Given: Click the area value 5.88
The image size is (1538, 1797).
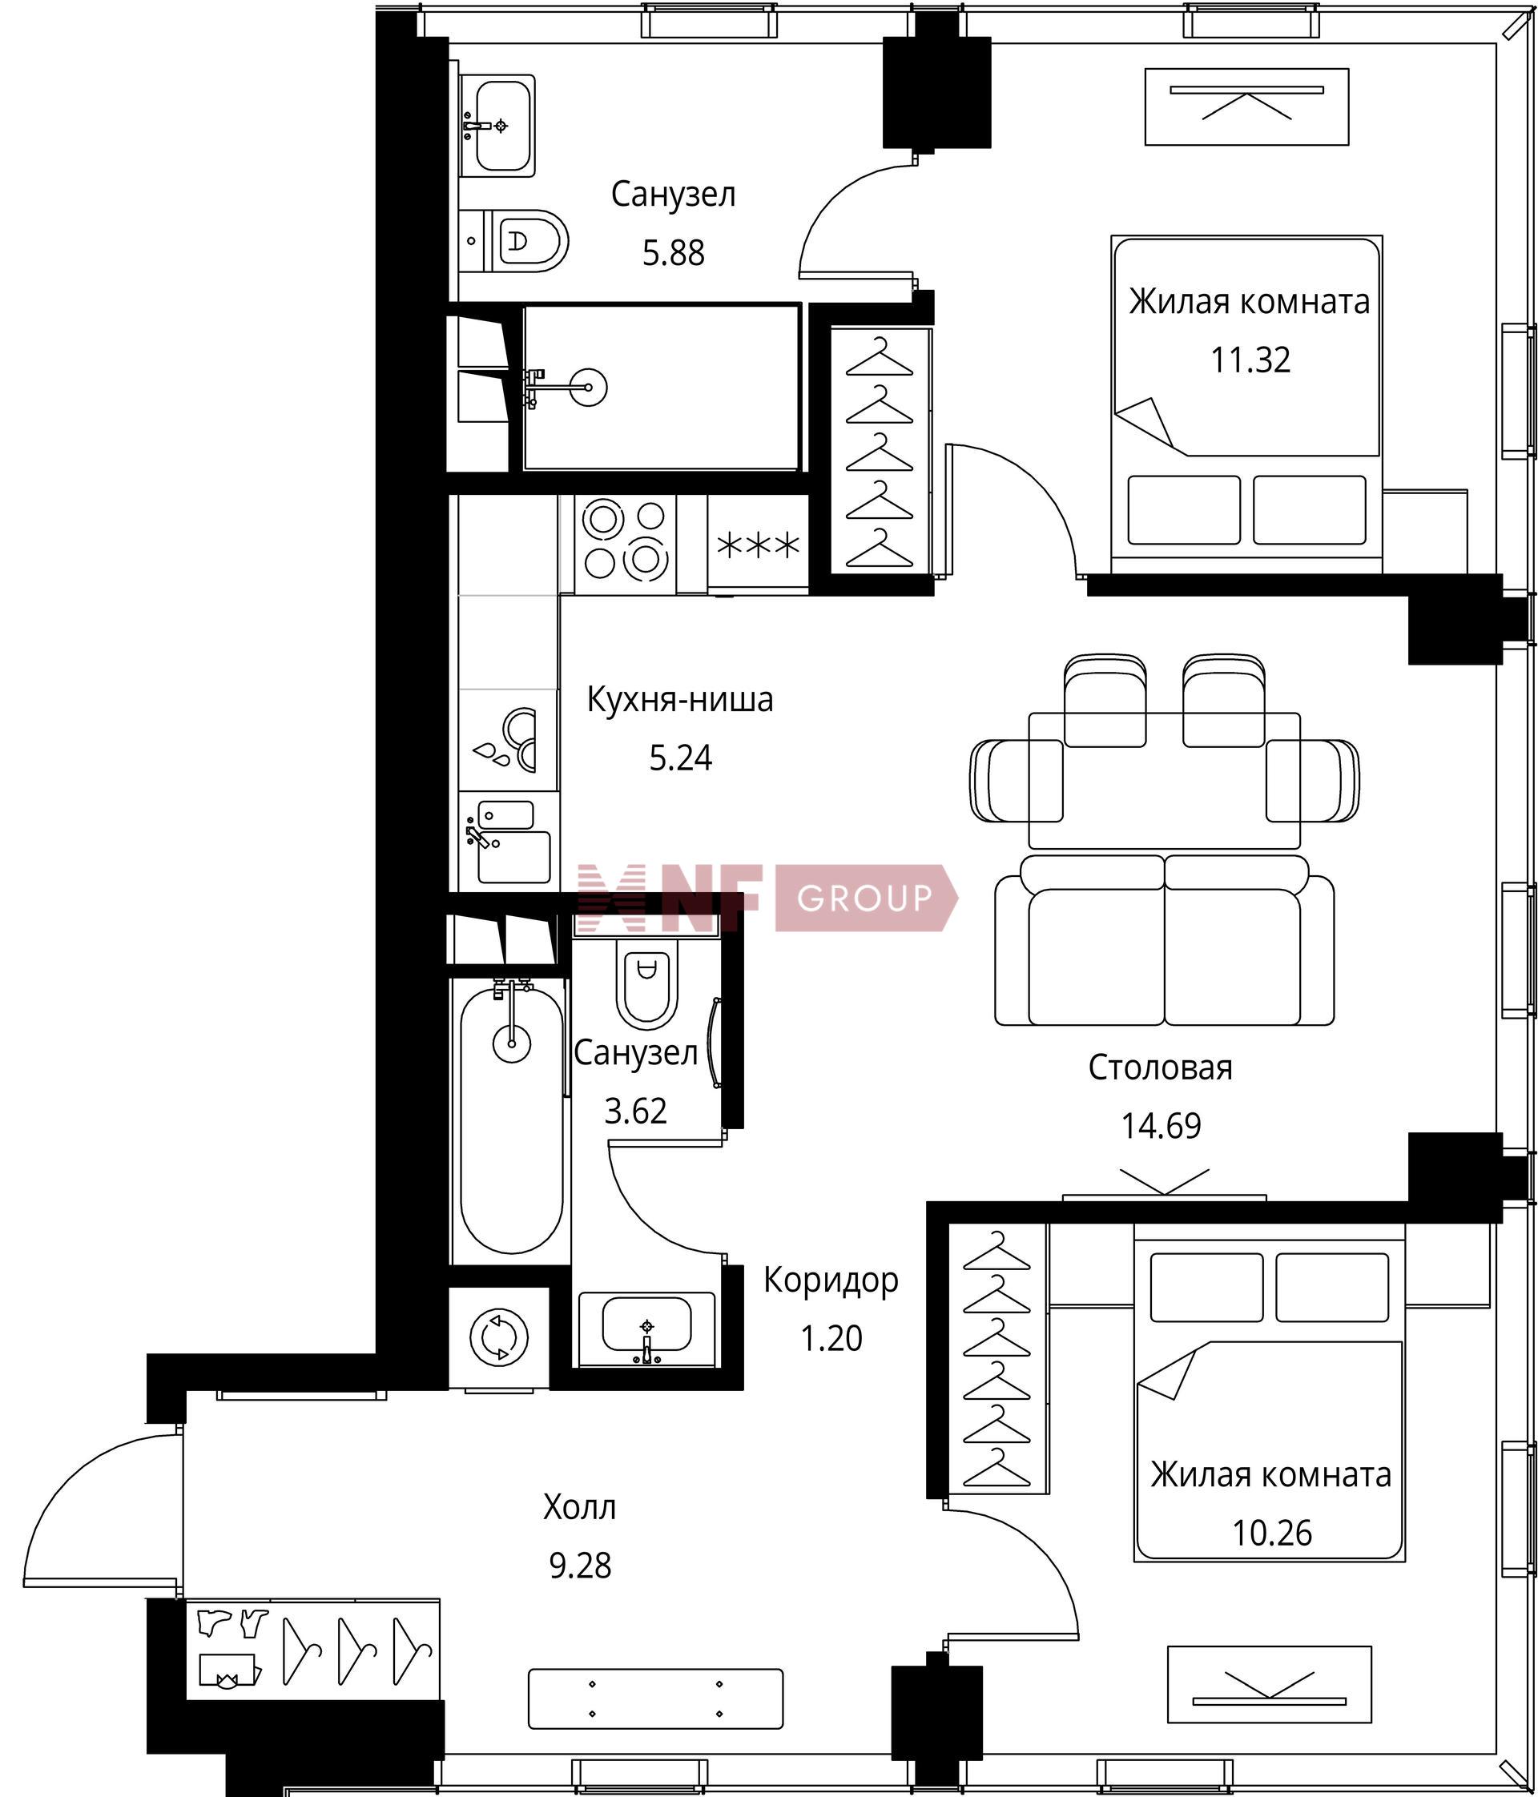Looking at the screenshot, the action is click(x=673, y=253).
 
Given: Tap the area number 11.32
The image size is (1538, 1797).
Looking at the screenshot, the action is click(x=1250, y=359).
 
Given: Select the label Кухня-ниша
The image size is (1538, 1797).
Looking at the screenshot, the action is click(x=680, y=699).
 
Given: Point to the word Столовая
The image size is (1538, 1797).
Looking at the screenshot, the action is click(x=1161, y=1067).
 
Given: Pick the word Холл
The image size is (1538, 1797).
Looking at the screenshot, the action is click(x=579, y=1507).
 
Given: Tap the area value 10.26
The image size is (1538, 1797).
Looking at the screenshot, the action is click(x=1272, y=1533).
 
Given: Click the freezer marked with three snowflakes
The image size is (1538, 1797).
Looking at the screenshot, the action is click(x=758, y=545).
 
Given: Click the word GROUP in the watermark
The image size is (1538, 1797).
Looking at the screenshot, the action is click(x=864, y=898).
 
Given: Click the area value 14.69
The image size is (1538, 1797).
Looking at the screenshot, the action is click(x=1161, y=1126).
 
